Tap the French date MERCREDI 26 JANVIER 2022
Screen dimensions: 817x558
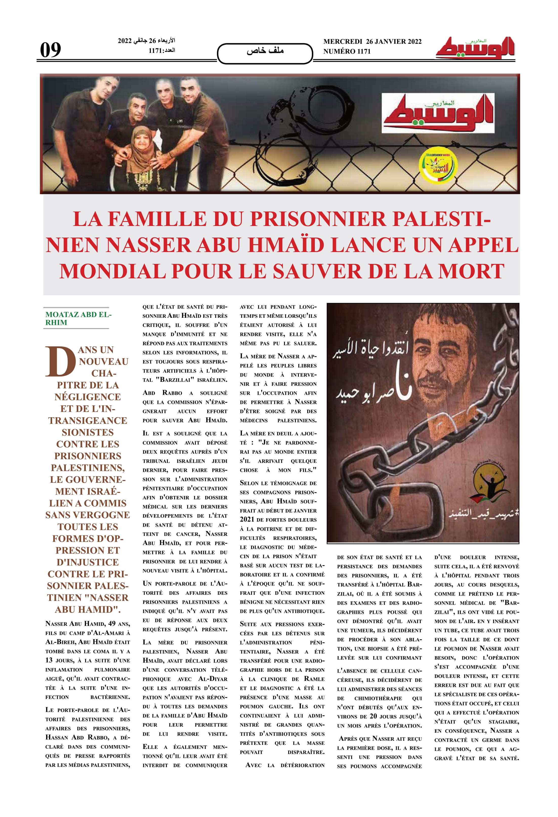[x=372, y=41]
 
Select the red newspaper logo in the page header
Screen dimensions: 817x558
[x=475, y=48]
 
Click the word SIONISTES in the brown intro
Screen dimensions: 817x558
[x=88, y=432]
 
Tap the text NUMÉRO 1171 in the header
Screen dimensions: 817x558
[x=347, y=51]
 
